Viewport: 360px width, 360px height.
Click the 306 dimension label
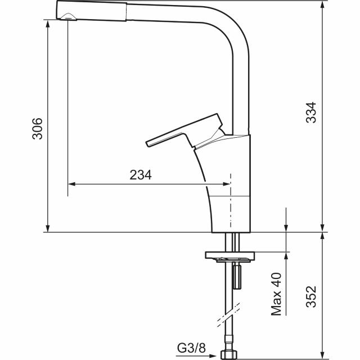point(37,129)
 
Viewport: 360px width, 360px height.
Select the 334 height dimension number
point(311,112)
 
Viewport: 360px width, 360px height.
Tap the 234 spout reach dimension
point(141,175)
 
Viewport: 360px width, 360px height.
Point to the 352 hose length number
point(311,296)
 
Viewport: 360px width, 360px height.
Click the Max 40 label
point(276,294)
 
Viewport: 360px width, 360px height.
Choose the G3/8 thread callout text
point(191,348)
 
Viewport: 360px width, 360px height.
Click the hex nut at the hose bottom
point(229,355)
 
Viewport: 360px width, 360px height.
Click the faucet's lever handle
point(185,130)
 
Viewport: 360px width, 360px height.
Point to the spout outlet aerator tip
point(68,16)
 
